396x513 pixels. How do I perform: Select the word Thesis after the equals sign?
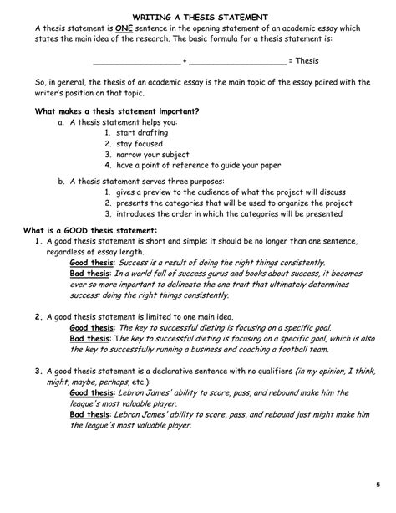click(306, 61)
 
